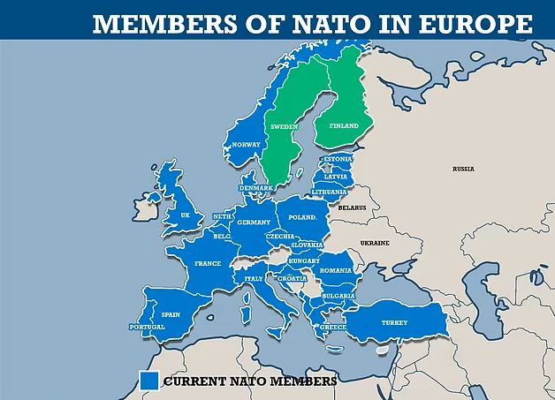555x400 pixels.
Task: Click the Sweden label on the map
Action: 284,127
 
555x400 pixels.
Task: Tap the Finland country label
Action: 344,126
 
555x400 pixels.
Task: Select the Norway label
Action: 246,145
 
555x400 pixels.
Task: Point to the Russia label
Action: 463,168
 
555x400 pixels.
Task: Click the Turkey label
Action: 394,322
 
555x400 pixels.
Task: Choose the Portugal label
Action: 147,328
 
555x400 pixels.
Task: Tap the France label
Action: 207,263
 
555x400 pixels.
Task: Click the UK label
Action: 185,215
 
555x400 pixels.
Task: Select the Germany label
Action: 254,223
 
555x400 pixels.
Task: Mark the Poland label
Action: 302,216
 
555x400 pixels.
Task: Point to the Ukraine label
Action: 374,242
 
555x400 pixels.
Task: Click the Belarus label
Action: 352,208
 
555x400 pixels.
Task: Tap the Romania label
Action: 336,270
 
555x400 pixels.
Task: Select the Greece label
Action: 332,327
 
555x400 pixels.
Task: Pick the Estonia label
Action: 338,159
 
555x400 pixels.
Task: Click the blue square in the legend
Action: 148,381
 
